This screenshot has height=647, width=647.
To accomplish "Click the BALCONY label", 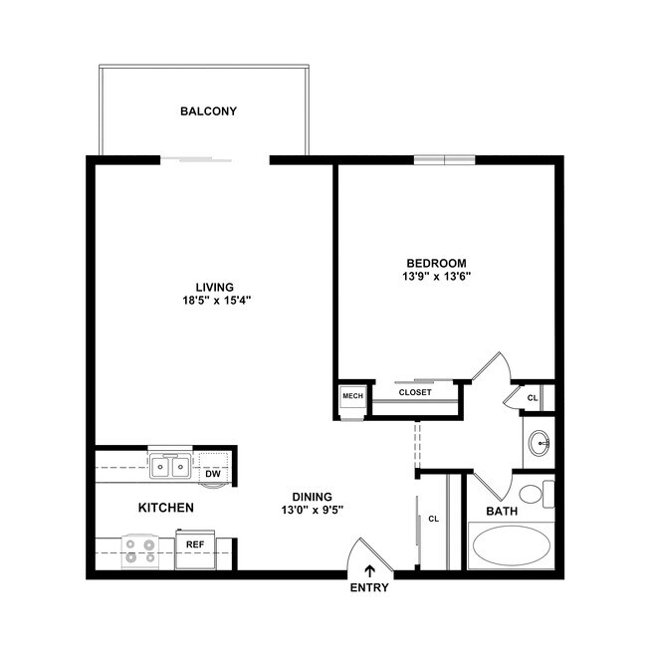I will tap(208, 111).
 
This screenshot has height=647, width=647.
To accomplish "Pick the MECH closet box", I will tap(352, 396).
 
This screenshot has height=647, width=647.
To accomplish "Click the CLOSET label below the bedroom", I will tap(414, 392).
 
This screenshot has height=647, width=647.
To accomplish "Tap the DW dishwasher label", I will tap(213, 474).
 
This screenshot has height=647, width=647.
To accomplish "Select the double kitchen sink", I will tap(170, 466).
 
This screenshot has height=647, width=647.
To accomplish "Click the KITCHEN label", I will tap(165, 508).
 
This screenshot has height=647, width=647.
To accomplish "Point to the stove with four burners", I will tap(140, 549).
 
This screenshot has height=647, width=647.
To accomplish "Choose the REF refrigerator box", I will tap(195, 545).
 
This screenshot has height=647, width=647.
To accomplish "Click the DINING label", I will tap(312, 497).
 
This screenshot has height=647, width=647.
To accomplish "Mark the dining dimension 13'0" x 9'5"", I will tap(312, 511).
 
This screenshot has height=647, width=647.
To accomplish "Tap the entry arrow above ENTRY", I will tap(369, 570).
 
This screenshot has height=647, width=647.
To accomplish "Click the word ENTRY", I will tap(369, 587).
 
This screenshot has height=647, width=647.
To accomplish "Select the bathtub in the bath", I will tap(510, 546).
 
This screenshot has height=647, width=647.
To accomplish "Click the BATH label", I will tap(502, 512).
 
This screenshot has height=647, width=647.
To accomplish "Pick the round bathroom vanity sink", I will tap(539, 442).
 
